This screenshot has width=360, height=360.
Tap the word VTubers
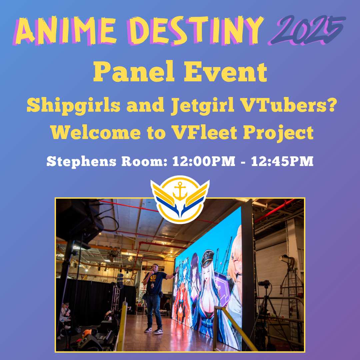[x=287, y=106]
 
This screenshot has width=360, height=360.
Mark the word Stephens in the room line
[x=79, y=162]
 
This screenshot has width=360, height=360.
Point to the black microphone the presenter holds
[x=152, y=272]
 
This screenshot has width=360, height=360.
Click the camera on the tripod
[x=264, y=284]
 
